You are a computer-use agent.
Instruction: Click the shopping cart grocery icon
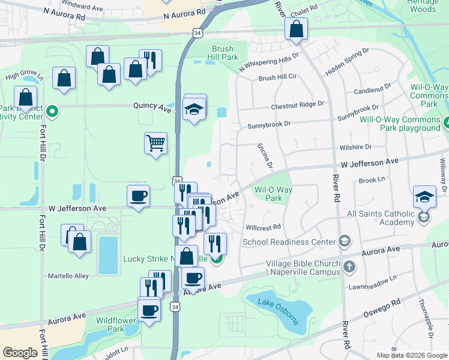pos(155,143)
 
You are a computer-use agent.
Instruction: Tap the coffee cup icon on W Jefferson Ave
pos(139,196)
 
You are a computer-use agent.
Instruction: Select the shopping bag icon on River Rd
pos(296,29)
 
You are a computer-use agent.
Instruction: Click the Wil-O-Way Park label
pos(273,194)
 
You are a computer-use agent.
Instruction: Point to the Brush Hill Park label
pos(225,53)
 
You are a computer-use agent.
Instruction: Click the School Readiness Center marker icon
pos(345,241)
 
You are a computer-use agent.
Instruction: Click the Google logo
pos(20,353)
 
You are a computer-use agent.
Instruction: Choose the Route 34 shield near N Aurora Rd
pos(197,34)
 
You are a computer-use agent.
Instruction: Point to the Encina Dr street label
pos(265,155)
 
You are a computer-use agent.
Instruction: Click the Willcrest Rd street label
pos(263,227)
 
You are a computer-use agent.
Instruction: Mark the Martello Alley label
pos(68,276)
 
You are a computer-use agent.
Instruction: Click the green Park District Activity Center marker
pos(52,111)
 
